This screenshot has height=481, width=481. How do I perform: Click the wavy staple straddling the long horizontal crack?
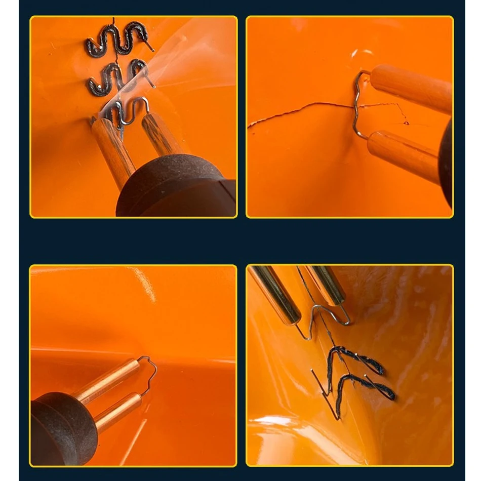pyautogui.click(x=358, y=104)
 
